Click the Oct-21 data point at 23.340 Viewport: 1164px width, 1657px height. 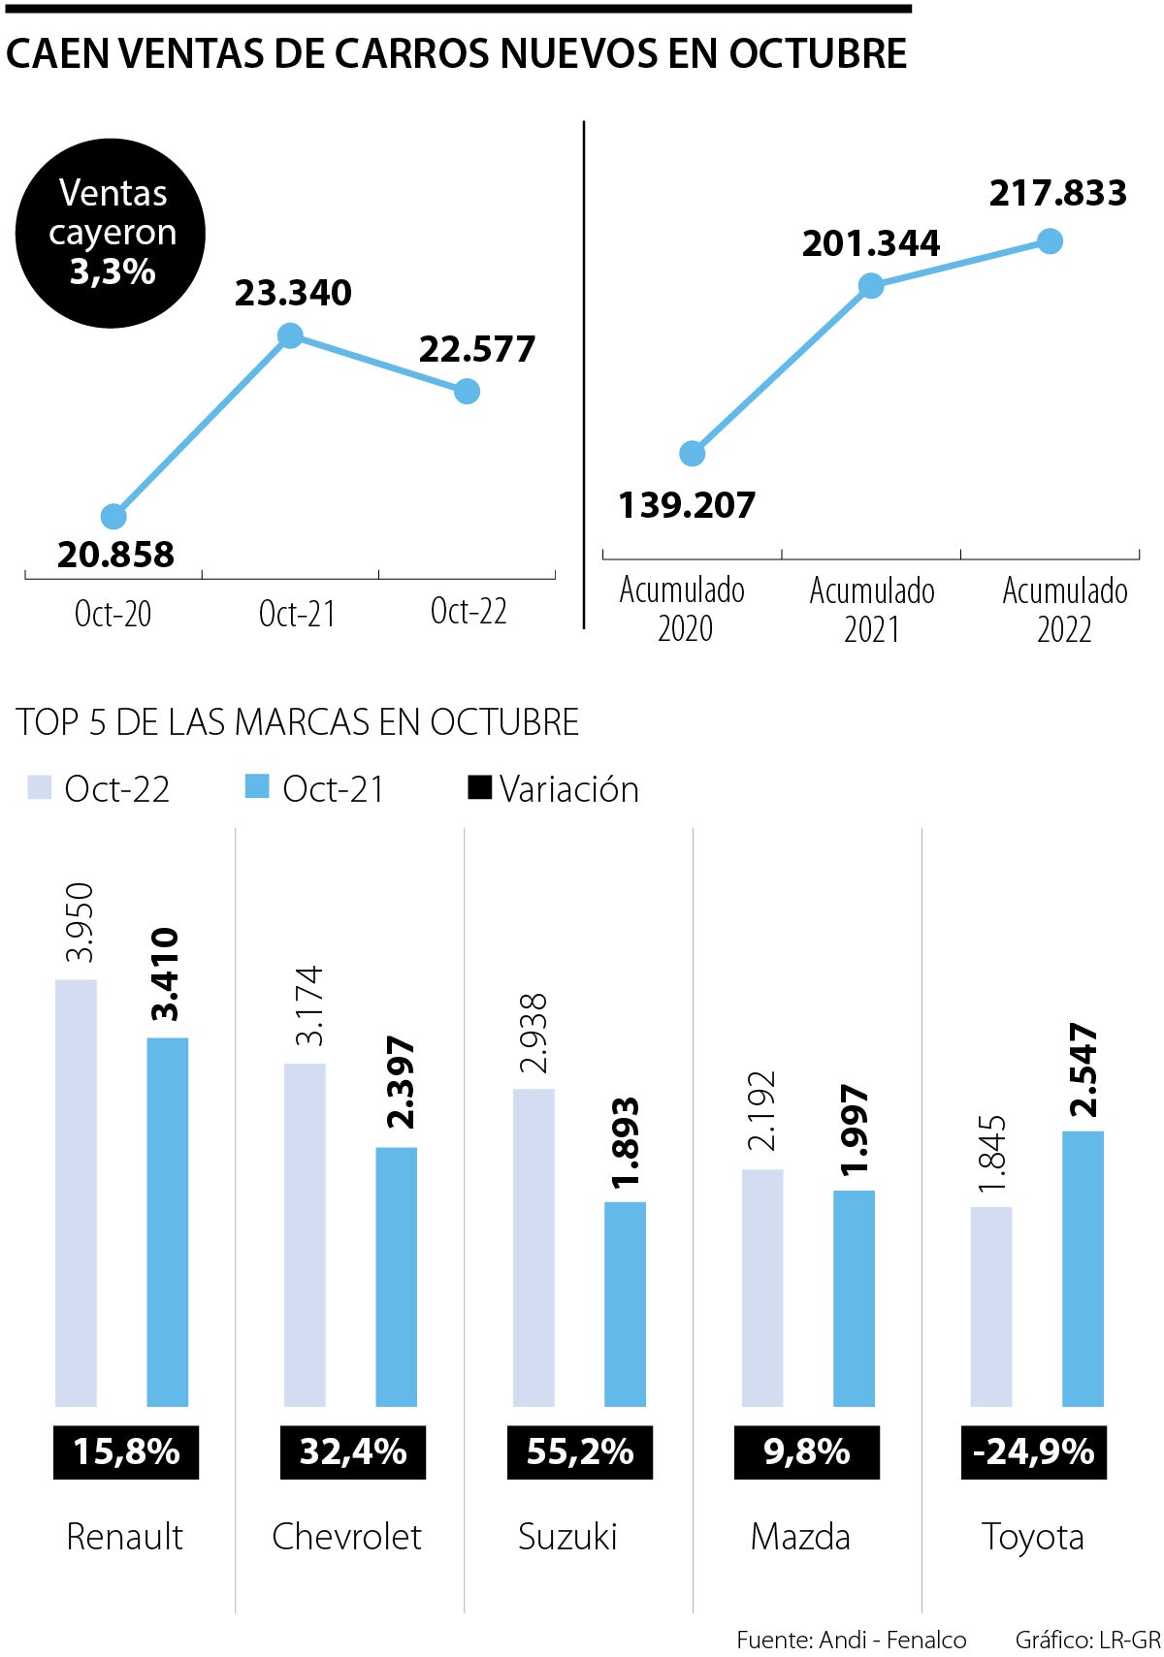pyautogui.click(x=290, y=335)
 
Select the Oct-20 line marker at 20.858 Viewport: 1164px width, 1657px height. pyautogui.click(x=113, y=516)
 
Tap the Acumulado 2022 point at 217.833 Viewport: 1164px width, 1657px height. pyautogui.click(x=1050, y=240)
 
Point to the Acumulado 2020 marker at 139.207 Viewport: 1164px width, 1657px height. pyautogui.click(x=692, y=453)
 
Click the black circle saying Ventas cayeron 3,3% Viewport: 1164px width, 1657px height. pyautogui.click(x=111, y=233)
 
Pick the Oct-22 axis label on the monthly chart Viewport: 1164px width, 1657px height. pyautogui.click(x=469, y=611)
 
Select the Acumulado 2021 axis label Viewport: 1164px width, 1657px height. pyautogui.click(x=872, y=609)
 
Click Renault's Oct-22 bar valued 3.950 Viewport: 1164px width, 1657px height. pyautogui.click(x=76, y=1193)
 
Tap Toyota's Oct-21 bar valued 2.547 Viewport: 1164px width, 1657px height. pyautogui.click(x=1083, y=1268)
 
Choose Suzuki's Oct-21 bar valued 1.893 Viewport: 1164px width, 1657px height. pyautogui.click(x=625, y=1304)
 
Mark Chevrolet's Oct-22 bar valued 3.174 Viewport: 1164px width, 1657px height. pyautogui.click(x=305, y=1234)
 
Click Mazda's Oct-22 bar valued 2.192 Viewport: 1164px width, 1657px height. pyautogui.click(x=762, y=1288)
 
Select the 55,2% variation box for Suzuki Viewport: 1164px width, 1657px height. pyautogui.click(x=580, y=1451)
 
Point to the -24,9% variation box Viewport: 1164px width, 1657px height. pyautogui.click(x=1033, y=1451)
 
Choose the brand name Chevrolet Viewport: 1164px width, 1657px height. pyautogui.click(x=346, y=1536)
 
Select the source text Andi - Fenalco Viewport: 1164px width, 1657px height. pyautogui.click(x=892, y=1639)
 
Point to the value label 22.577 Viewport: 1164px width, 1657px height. pyautogui.click(x=476, y=349)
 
